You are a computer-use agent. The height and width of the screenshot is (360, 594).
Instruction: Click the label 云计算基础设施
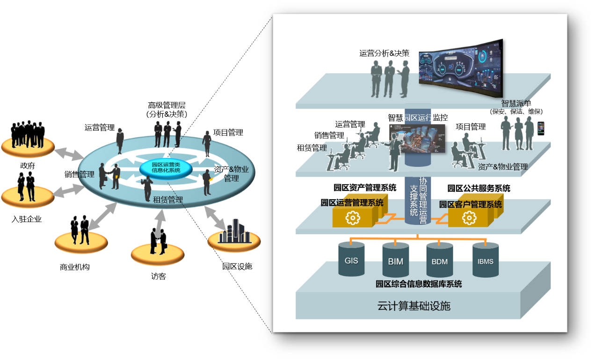413,306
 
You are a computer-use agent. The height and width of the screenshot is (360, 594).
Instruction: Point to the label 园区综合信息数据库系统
419,284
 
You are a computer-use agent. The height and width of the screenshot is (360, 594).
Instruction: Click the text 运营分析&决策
384,53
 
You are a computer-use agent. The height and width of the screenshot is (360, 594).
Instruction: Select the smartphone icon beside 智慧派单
541,129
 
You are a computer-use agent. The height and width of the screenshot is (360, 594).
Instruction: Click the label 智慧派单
516,103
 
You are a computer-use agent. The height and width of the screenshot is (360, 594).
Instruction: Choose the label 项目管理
471,127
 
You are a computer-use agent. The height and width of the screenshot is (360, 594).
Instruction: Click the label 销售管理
329,136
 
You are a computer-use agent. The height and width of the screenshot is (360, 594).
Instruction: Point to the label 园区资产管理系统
365,188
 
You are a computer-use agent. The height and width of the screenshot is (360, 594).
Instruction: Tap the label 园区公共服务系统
478,188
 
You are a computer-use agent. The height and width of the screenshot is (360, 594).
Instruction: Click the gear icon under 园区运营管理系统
352,217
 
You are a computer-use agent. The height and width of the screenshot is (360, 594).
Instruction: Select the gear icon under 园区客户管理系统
469,218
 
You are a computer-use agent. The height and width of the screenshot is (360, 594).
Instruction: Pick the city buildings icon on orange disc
233,232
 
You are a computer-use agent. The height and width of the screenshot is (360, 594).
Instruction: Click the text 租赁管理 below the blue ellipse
167,200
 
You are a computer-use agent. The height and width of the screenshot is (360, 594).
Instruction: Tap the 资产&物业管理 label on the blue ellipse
231,174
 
